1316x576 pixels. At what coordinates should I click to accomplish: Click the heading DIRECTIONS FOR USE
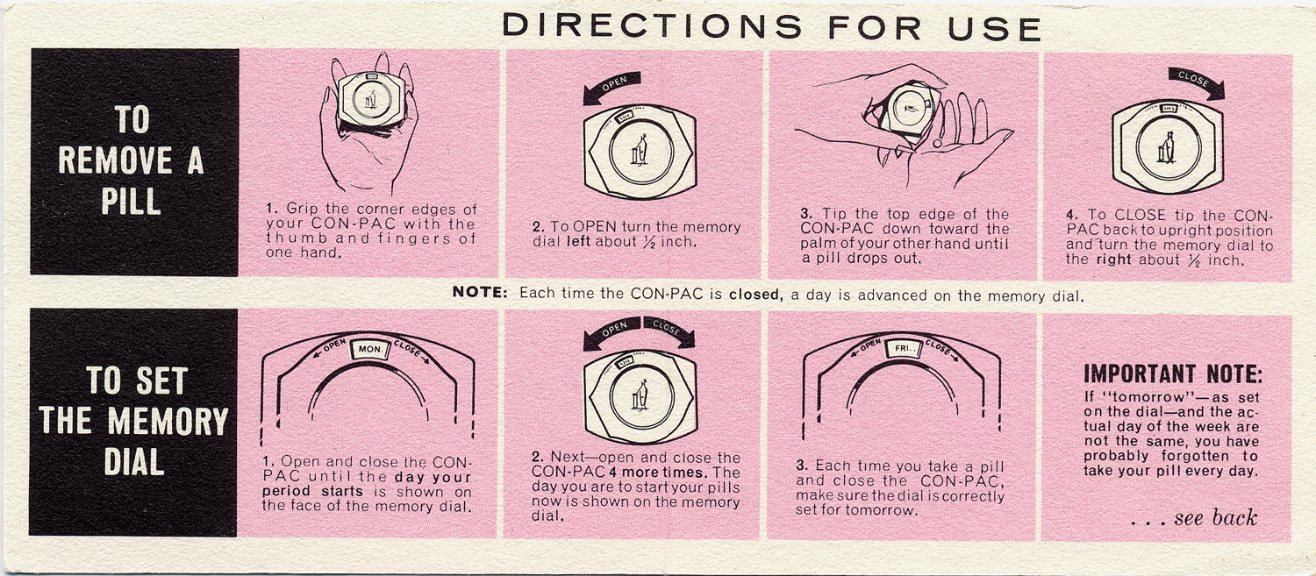pos(771,27)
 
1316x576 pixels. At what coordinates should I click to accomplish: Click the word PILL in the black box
pos(131,202)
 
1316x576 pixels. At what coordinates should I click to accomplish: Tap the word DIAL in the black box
pos(134,463)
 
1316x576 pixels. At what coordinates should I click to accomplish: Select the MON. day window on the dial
pos(370,349)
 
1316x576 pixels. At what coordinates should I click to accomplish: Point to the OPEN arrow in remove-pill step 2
pos(611,88)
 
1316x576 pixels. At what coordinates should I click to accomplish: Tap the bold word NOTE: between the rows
pos(479,293)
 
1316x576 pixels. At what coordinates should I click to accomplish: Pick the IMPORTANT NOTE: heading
pos(1173,374)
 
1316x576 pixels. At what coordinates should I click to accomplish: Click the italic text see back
pos(1215,518)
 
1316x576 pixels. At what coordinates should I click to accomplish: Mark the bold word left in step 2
pos(578,241)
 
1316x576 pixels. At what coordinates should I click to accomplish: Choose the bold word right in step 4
pos(1114,260)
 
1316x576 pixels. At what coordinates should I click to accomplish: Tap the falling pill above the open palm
pos(937,142)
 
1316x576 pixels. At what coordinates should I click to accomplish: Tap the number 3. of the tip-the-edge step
pos(807,214)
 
